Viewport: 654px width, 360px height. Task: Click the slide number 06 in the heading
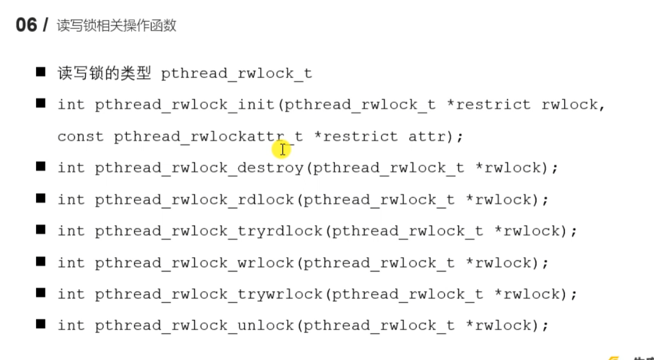[x=26, y=25]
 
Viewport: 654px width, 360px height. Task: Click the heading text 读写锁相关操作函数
[x=116, y=26]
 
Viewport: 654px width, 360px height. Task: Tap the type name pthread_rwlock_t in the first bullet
[x=236, y=74]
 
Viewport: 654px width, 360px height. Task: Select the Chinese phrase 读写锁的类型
[x=104, y=73]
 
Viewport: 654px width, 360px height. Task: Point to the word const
[x=80, y=137]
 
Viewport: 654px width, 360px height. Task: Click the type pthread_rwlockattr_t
[x=208, y=137]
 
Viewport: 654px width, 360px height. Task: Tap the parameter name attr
[x=427, y=137]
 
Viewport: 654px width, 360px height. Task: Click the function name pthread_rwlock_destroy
[x=199, y=168]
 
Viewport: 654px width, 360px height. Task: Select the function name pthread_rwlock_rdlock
[x=194, y=200]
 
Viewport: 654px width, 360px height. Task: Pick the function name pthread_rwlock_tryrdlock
[x=209, y=231]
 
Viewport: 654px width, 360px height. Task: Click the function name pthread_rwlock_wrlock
[x=194, y=262]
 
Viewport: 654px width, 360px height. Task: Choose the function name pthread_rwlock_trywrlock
[x=209, y=294]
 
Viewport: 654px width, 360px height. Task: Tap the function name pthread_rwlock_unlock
[x=194, y=325]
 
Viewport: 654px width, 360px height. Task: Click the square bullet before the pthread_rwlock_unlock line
[x=41, y=324]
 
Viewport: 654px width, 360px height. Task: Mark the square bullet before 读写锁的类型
[x=41, y=73]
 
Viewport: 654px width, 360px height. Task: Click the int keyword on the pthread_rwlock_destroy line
[x=71, y=168]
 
